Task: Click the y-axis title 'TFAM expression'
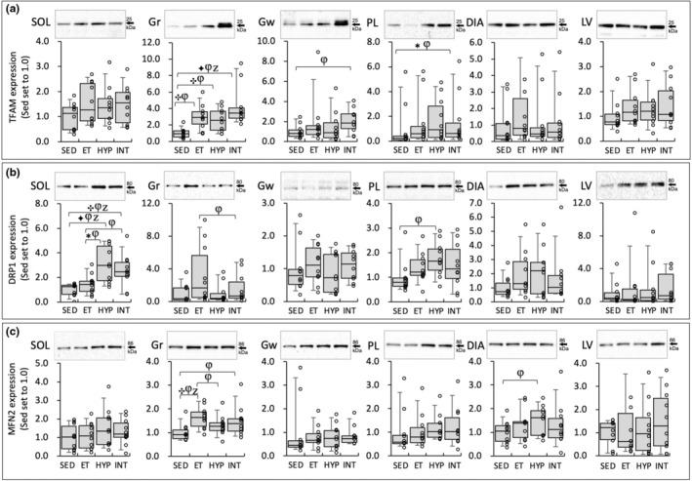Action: click(12, 94)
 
